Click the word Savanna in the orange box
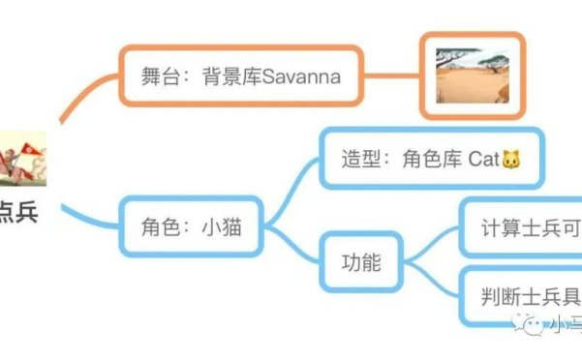[x=302, y=76]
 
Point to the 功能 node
[x=360, y=262]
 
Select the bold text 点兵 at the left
[x=17, y=212]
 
